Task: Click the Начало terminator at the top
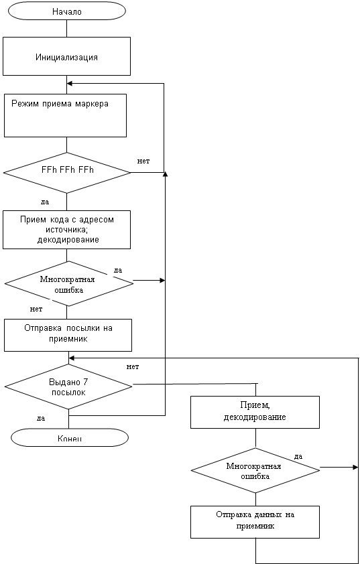pos(67,11)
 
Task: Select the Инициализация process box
pos(66,57)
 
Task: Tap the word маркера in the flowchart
pos(92,104)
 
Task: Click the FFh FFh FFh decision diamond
pos(67,173)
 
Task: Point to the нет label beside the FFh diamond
pos(143,161)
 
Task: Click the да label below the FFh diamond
pos(45,202)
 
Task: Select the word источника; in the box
pos(67,230)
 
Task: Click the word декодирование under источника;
pos(68,240)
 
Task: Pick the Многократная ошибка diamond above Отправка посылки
pos(69,284)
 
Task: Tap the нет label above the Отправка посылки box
pos(36,309)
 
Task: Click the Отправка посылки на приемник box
pos(68,335)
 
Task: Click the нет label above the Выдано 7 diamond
pos(133,367)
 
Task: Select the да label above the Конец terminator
pos(41,419)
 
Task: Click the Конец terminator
pos(70,438)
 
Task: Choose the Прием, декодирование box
pos(255,412)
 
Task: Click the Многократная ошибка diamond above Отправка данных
pos(255,470)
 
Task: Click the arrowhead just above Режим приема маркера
pos(70,84)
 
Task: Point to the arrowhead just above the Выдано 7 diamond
pos(71,358)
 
